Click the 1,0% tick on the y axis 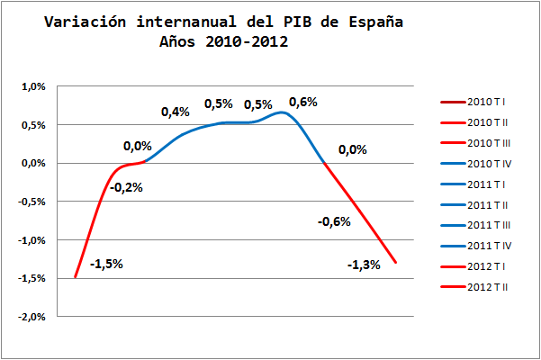pos(33,87)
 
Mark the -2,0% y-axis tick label pos(32,317)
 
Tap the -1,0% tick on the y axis pos(32,240)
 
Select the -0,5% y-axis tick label pos(32,202)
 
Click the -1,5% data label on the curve pos(106,264)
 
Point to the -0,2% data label pos(126,187)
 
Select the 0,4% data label pos(176,112)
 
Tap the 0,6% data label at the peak pos(303,102)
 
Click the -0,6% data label pos(334,221)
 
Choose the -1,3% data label pos(364,265)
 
